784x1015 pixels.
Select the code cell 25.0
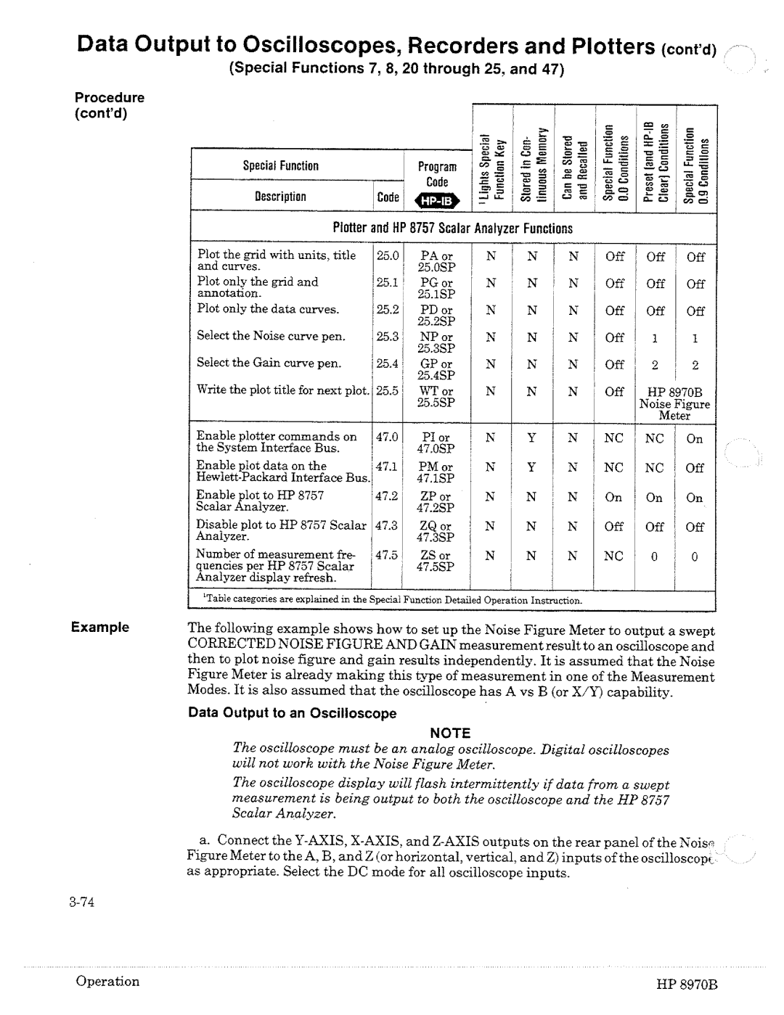click(388, 255)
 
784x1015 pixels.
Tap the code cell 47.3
click(388, 525)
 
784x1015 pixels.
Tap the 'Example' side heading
click(99, 627)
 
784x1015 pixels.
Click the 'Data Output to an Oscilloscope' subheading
click(293, 713)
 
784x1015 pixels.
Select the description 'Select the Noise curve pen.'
click(271, 336)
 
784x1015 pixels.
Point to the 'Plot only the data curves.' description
click(269, 309)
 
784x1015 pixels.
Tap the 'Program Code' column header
click(437, 174)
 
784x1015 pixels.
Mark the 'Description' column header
click(280, 197)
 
